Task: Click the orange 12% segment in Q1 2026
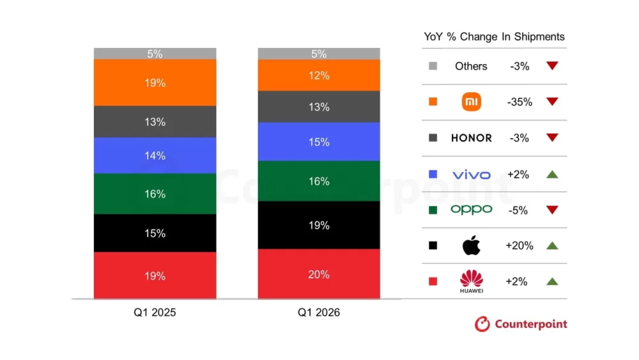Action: (319, 75)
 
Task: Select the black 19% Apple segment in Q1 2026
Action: (319, 225)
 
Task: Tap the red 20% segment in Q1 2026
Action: (319, 274)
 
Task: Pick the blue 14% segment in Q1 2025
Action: (155, 155)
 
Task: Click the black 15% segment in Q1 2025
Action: (155, 233)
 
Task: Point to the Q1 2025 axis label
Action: (155, 313)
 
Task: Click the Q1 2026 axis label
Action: (319, 313)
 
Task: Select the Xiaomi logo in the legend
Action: (471, 102)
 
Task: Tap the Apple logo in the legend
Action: (471, 246)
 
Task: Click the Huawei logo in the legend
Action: (471, 281)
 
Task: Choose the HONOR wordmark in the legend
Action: (471, 138)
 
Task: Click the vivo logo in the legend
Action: (471, 175)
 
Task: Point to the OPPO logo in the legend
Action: (471, 210)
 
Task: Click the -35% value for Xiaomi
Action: (519, 102)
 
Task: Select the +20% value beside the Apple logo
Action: (519, 246)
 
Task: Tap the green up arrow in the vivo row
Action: (553, 175)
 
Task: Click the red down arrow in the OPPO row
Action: (553, 210)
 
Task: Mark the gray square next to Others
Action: (433, 66)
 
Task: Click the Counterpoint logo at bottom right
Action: (521, 324)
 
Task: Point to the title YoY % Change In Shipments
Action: (495, 36)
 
